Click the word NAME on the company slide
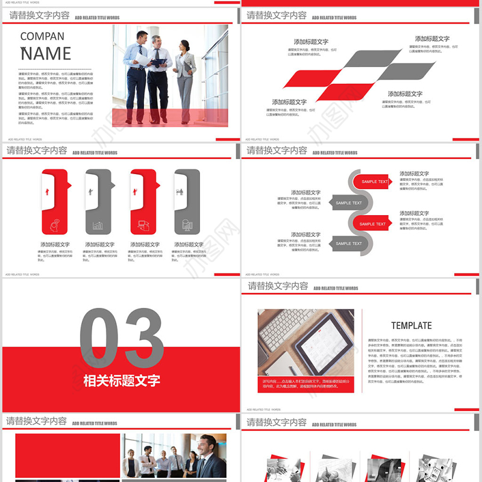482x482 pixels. click(x=46, y=54)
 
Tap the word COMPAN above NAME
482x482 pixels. click(x=42, y=36)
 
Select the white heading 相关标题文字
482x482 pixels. click(x=121, y=381)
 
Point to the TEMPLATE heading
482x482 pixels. click(x=412, y=325)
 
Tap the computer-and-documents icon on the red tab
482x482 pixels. click(x=143, y=225)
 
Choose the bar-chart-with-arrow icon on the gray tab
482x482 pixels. click(x=98, y=226)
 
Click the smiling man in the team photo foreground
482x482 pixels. click(x=208, y=458)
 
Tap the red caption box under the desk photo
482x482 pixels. click(x=305, y=384)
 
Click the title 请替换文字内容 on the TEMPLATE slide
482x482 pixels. click(x=278, y=286)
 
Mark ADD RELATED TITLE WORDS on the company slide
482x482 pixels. click(x=98, y=18)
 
